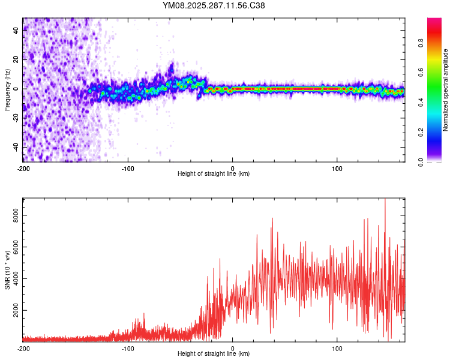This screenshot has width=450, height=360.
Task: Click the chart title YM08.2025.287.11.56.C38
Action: [x=214, y=5]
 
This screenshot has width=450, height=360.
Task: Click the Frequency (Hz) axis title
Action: [x=7, y=90]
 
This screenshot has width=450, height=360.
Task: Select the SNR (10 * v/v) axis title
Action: [x=7, y=270]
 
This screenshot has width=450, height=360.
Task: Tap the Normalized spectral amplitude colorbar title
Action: [x=446, y=90]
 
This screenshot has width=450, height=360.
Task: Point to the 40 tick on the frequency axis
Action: [x=16, y=30]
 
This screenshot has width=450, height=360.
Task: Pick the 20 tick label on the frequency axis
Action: [x=16, y=59]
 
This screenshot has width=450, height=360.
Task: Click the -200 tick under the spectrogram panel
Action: [x=23, y=167]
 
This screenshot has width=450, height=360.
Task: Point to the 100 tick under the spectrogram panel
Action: [x=337, y=167]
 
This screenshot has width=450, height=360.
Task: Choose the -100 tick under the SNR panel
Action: [x=128, y=348]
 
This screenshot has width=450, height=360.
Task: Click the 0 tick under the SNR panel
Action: [x=233, y=348]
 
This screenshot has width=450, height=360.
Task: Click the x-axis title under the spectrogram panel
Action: [x=214, y=174]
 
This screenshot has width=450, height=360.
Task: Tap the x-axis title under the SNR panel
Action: [x=214, y=355]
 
